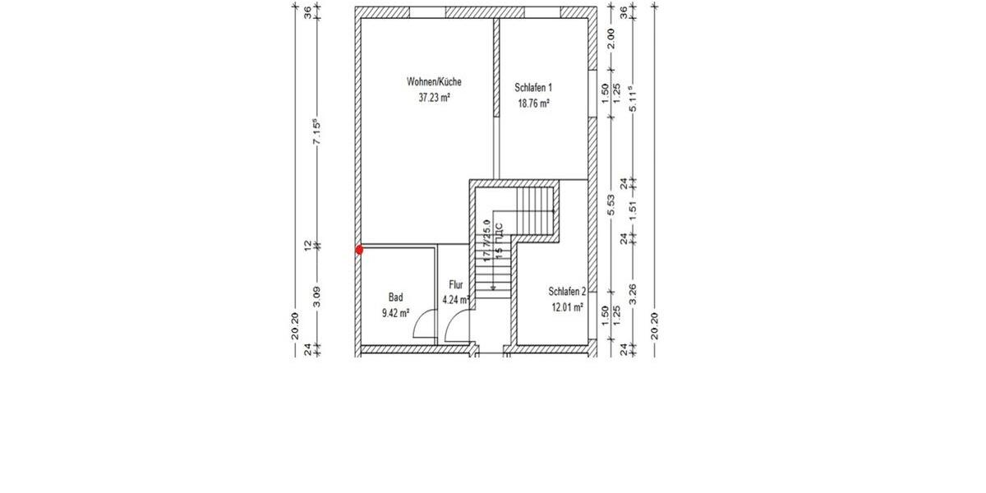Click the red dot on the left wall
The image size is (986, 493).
tap(359, 250)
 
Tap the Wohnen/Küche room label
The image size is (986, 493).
tap(434, 82)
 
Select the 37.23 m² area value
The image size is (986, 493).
tap(434, 97)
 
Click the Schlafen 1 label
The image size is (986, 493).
tap(533, 88)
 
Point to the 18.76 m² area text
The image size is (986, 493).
tap(533, 104)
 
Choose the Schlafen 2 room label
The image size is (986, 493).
tap(567, 292)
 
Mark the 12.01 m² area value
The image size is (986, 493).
tap(567, 307)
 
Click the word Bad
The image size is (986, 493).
tap(395, 297)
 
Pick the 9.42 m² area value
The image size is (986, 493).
tap(395, 312)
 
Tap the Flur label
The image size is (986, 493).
tap(456, 285)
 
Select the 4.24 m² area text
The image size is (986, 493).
tap(456, 300)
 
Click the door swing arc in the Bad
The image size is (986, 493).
tap(424, 326)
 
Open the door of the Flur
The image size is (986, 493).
tap(454, 329)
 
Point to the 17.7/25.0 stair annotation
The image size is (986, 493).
tap(486, 239)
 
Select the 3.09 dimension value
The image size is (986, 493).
tap(316, 297)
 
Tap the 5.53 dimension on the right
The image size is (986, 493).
tap(611, 205)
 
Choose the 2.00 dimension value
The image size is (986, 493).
tap(611, 38)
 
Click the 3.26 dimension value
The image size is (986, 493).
tap(633, 294)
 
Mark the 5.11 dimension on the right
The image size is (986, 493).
tap(633, 99)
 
